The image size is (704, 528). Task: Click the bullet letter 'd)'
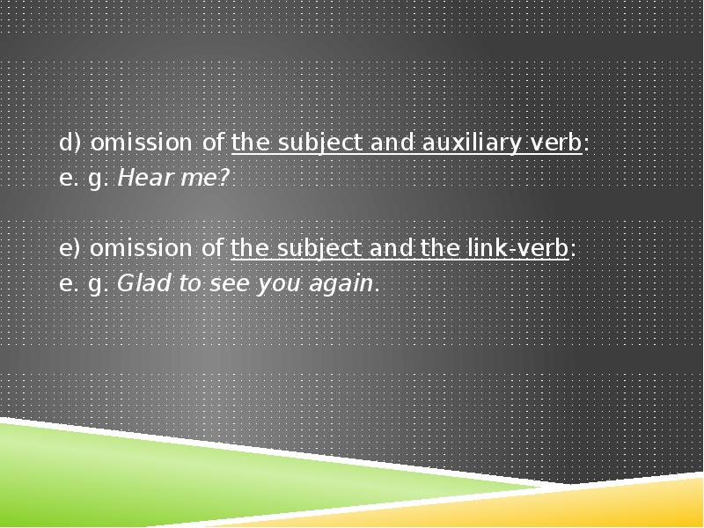tap(70, 143)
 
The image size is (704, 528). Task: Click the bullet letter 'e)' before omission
tap(70, 248)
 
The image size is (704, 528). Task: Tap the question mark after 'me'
tap(224, 178)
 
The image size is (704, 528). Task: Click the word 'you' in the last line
tap(273, 283)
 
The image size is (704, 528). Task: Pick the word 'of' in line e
tap(212, 248)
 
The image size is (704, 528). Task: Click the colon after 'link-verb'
tap(573, 249)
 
